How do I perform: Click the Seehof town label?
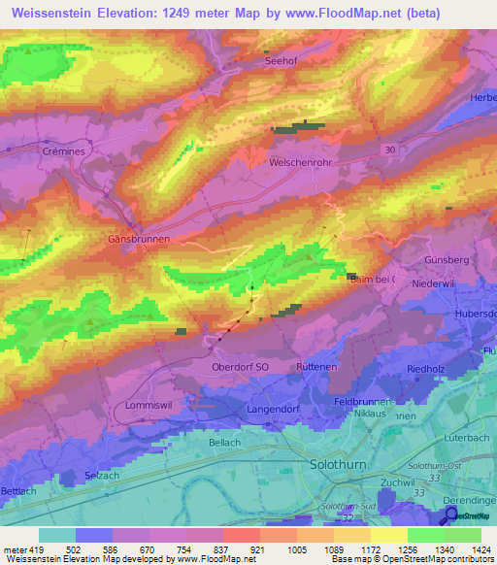[x=281, y=60]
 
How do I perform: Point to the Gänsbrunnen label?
[x=140, y=237]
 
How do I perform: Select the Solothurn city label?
[x=337, y=465]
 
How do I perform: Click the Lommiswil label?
[x=148, y=404]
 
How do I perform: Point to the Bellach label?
[x=225, y=442]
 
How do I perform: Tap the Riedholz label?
[x=426, y=370]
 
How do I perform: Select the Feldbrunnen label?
[x=362, y=401]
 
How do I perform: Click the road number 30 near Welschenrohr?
[x=390, y=150]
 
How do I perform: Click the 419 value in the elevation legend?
[x=38, y=550]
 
